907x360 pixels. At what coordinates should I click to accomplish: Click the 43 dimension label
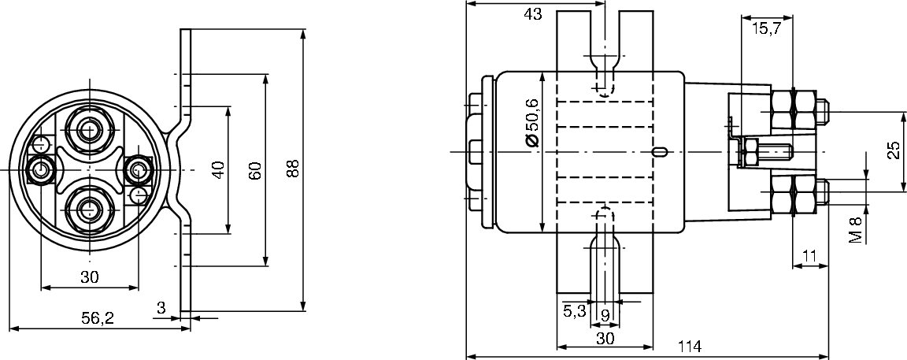click(532, 14)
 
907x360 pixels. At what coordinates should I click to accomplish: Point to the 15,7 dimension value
click(766, 28)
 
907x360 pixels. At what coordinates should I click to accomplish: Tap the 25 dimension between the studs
click(894, 150)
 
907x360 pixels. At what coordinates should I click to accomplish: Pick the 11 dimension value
click(809, 254)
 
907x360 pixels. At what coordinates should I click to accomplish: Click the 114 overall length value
click(689, 347)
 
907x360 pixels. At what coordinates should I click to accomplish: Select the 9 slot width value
click(605, 315)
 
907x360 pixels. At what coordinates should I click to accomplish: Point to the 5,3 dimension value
click(575, 311)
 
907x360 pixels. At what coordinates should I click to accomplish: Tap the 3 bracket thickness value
click(161, 308)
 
